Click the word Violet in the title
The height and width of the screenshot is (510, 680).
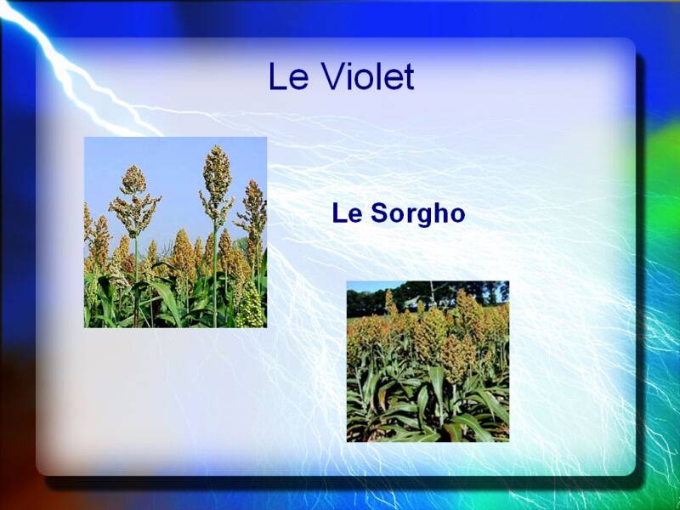click(x=368, y=76)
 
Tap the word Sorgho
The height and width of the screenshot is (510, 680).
click(x=417, y=214)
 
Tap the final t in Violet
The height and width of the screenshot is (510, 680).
click(x=410, y=77)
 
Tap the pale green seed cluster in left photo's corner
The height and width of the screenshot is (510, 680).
click(x=250, y=307)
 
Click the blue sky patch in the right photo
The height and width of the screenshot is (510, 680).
click(x=369, y=286)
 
